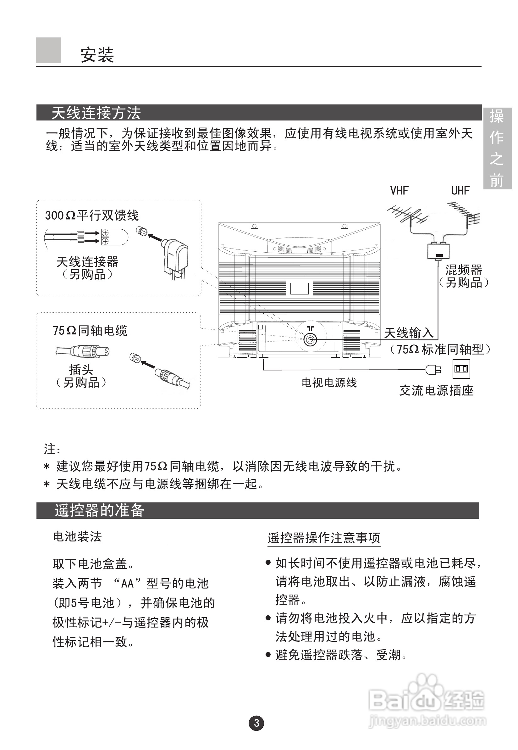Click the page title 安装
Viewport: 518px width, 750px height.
97,54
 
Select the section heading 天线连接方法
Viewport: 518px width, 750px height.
96,113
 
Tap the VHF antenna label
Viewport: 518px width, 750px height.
399,191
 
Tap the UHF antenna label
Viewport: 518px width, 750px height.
460,191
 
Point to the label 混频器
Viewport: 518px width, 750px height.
464,270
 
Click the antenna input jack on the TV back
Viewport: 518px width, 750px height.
310,340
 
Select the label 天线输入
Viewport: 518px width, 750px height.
409,333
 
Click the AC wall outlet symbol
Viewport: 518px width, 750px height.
461,369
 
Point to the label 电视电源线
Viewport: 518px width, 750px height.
329,383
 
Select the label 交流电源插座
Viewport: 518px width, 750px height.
436,390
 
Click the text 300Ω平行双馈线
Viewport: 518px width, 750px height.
92,215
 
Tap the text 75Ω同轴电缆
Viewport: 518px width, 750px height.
90,331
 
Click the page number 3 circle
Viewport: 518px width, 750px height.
256,723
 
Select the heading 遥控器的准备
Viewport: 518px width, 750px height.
99,510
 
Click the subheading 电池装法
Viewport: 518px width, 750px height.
77,537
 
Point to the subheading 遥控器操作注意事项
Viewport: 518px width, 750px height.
323,538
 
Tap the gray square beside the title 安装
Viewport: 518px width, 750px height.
48,50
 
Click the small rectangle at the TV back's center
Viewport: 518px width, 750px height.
299,288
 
